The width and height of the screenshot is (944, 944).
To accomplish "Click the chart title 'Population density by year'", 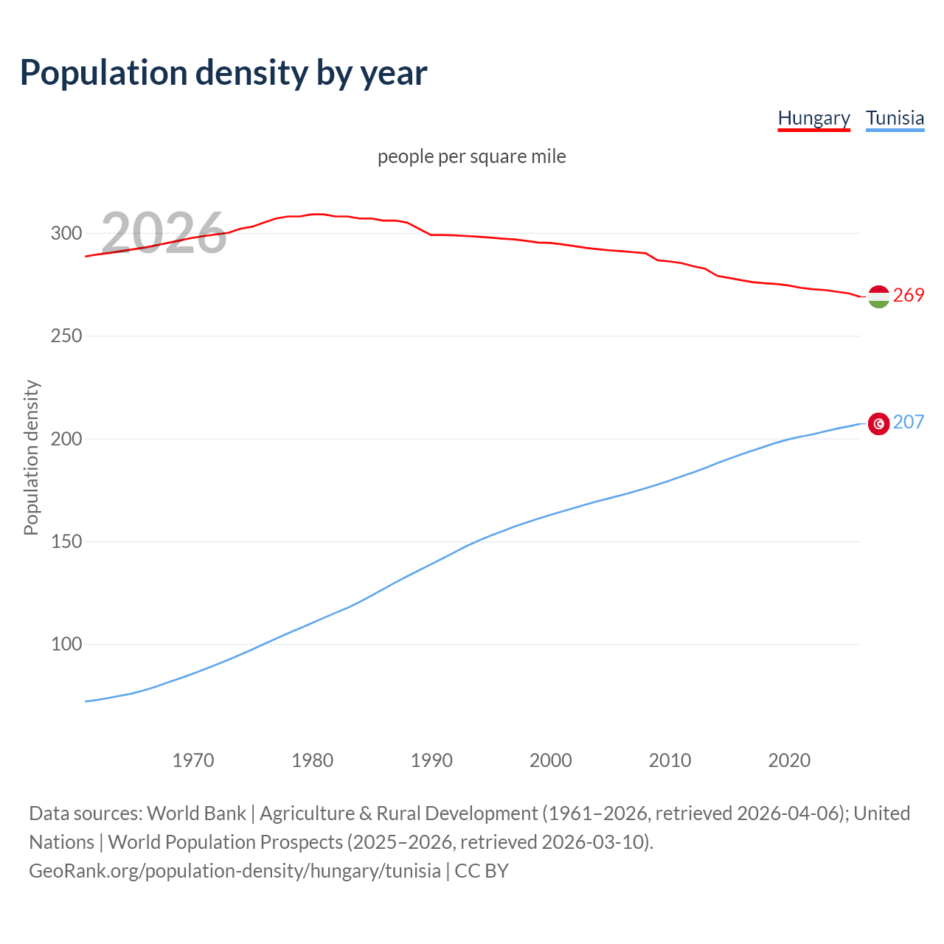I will coord(223,72).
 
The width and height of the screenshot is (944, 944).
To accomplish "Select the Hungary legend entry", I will coord(813,118).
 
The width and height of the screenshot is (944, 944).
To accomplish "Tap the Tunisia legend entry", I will coord(895,118).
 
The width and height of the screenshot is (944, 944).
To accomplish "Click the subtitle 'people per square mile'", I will coord(471,156).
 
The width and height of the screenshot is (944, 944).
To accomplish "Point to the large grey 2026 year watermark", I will coord(164,233).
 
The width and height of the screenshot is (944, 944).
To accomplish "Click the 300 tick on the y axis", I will coord(66,233).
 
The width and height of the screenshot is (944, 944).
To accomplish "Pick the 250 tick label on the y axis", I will coord(66,336).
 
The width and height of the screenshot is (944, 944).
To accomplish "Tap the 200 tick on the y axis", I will coord(66,439).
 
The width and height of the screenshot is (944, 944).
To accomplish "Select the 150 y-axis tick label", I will coord(66,542).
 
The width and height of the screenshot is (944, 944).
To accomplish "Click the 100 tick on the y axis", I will coord(66,645).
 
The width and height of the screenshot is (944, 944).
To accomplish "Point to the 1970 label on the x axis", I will coord(193,760).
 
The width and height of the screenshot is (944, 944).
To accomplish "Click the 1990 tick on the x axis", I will coord(431,760).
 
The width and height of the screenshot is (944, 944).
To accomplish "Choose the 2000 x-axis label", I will coord(551,760).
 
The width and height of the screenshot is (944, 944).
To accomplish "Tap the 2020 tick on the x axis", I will coord(789,760).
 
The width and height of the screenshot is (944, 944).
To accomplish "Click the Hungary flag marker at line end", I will coord(878,296).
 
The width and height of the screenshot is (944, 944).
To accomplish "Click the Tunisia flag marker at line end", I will coord(878,423).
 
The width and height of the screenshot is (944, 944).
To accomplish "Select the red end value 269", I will coord(909,296).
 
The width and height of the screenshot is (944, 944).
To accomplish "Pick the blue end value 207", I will coord(909,423).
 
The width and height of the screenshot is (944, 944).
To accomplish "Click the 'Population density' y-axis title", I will coord(31,457).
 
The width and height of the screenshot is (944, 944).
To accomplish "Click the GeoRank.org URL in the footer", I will coord(235,871).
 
